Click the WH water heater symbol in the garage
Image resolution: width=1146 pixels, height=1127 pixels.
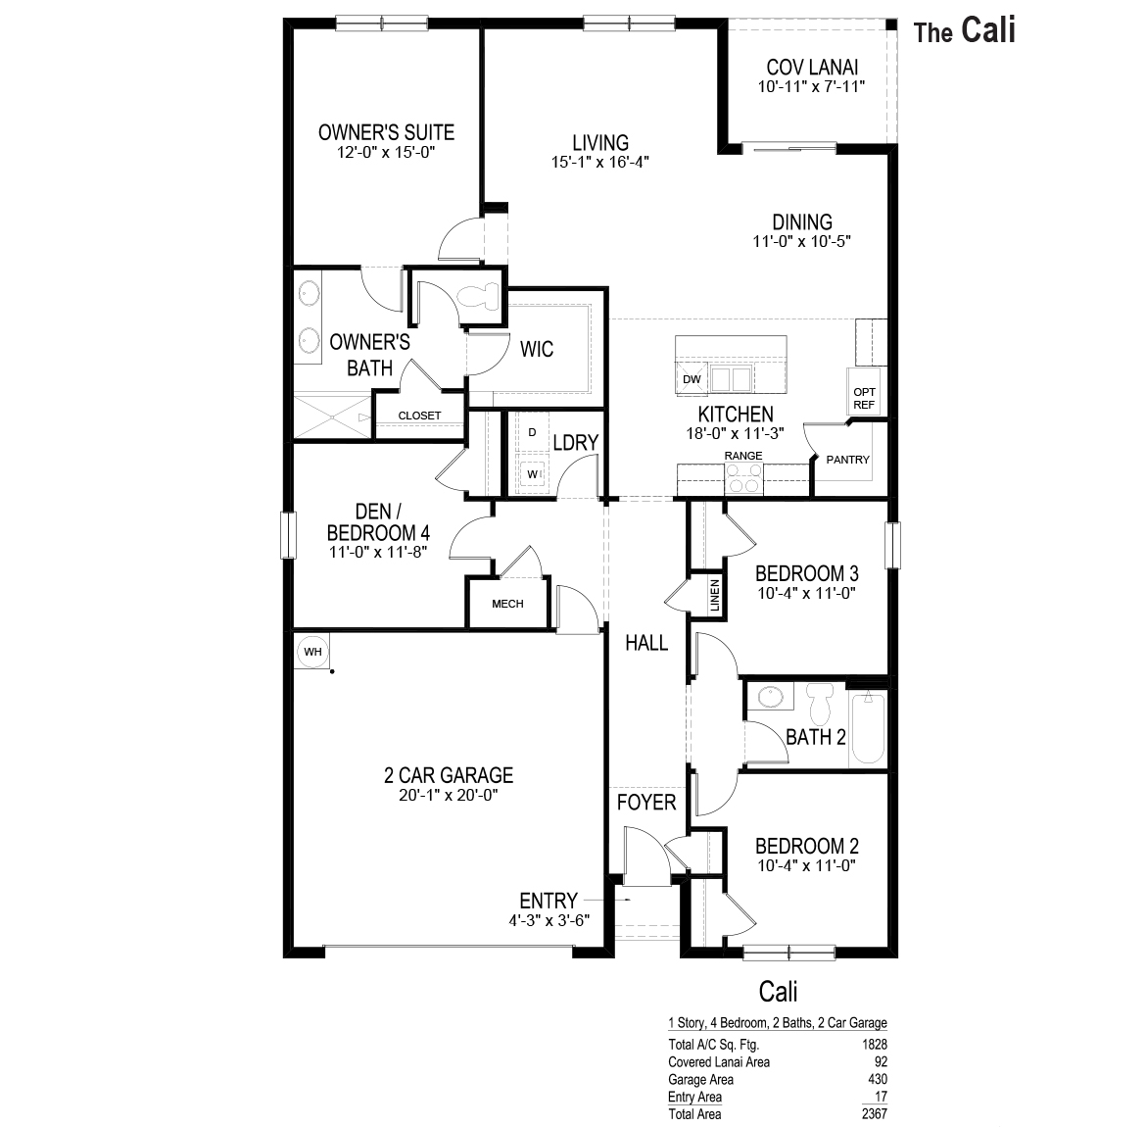(312, 651)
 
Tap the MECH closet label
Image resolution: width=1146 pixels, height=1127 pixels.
(507, 604)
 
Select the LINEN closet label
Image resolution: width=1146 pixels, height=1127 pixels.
(715, 594)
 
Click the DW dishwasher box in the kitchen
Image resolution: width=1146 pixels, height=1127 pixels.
(692, 378)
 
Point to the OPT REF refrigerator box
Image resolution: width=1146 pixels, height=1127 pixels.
(864, 397)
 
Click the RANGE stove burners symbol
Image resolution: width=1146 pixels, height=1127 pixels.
(743, 478)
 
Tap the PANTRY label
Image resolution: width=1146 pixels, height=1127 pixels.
(847, 459)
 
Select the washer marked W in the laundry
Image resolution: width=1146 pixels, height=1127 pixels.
(534, 473)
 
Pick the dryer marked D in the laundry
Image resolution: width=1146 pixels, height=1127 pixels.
(533, 432)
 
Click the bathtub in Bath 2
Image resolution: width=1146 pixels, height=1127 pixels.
(868, 729)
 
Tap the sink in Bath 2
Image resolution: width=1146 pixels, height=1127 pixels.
(772, 698)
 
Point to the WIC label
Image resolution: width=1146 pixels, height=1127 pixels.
(537, 349)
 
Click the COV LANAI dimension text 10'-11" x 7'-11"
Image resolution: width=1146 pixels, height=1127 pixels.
(812, 86)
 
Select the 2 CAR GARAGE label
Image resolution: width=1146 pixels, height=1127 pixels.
(449, 775)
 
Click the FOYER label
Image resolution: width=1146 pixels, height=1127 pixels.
(646, 803)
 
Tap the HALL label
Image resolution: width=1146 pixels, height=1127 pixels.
(646, 643)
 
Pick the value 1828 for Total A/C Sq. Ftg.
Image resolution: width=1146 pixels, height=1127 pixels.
(874, 1045)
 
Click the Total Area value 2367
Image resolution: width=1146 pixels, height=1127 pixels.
(874, 1114)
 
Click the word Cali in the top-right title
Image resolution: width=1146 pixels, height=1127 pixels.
(987, 29)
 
